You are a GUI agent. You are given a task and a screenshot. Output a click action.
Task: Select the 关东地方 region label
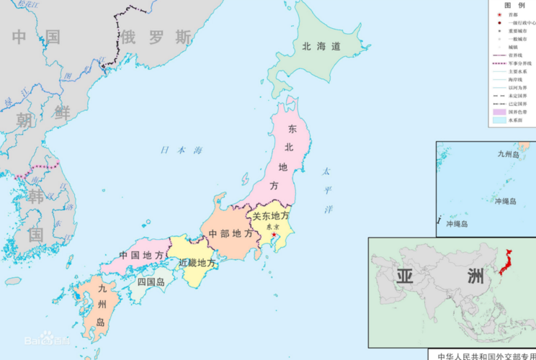click(270, 215)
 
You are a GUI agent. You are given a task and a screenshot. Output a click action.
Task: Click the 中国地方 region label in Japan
click(141, 256)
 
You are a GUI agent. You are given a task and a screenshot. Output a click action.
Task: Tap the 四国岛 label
click(152, 282)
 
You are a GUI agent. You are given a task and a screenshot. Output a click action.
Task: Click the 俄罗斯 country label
click(156, 37)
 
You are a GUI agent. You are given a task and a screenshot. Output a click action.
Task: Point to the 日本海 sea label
click(181, 150)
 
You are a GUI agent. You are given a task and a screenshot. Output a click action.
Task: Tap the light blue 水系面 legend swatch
click(499, 121)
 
